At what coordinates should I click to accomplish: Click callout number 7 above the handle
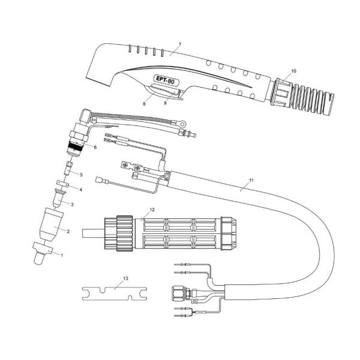click(179, 45)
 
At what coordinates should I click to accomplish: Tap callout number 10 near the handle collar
click(293, 71)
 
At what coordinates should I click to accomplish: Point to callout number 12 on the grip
click(152, 209)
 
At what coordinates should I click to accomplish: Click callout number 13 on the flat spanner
click(125, 280)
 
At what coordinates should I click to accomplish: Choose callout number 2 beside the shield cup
click(68, 231)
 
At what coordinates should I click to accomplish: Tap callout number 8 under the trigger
click(144, 104)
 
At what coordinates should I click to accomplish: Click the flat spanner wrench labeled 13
click(115, 294)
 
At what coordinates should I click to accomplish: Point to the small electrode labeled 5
click(69, 163)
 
